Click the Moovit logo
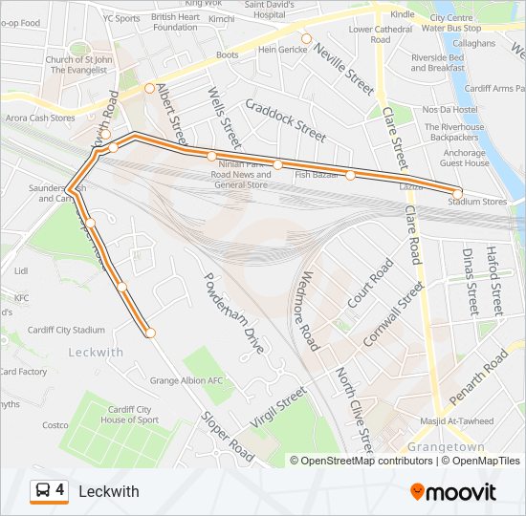point(453,492)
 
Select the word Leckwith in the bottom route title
point(108,492)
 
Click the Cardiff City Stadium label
point(66,330)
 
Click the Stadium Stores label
point(477,202)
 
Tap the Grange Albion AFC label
point(186,380)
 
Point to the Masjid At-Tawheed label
point(456,421)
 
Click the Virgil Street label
point(277,407)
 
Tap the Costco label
point(55,425)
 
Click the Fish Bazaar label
point(317,175)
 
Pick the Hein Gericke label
point(280,49)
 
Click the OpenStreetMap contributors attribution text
point(362,461)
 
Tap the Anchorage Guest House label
point(464,158)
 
